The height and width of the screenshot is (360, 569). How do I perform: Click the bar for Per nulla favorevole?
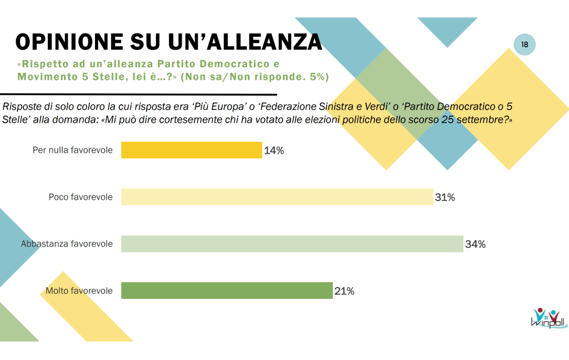click(x=191, y=150)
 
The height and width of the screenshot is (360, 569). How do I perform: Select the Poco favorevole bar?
click(x=277, y=197)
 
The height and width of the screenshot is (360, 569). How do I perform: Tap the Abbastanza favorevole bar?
click(x=292, y=244)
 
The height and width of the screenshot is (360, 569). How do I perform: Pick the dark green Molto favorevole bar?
click(x=227, y=291)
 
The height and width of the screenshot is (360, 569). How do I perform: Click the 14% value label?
click(x=274, y=151)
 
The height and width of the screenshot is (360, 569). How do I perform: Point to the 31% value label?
click(x=445, y=197)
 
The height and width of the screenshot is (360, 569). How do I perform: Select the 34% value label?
click(x=476, y=244)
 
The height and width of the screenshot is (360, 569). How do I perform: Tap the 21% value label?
click(x=344, y=291)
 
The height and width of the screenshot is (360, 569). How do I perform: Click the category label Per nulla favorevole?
click(x=73, y=151)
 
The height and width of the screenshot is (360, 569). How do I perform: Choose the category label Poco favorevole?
click(x=81, y=197)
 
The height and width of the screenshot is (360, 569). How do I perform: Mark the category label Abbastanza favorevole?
click(x=67, y=244)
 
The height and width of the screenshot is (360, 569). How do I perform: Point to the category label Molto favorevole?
click(x=79, y=291)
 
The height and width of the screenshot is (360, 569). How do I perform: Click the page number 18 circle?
click(x=525, y=44)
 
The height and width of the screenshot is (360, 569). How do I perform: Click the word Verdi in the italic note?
click(x=372, y=106)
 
